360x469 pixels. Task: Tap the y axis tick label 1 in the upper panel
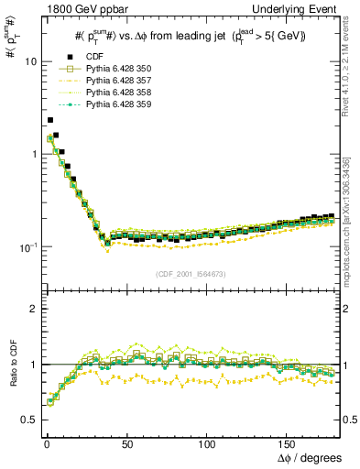tap(30, 154)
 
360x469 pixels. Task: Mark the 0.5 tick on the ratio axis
tap(27, 420)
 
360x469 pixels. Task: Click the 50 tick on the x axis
tap(126, 442)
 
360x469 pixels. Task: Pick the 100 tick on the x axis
tap(207, 442)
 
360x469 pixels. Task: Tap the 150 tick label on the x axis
tap(287, 442)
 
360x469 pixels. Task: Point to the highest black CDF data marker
tap(50, 120)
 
